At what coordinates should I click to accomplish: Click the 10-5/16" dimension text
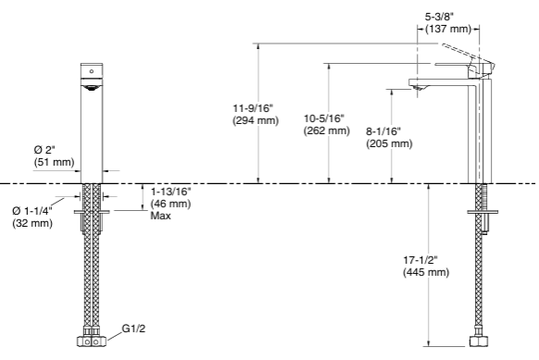coord(324,118)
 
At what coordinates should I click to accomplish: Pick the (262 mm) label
coord(326,131)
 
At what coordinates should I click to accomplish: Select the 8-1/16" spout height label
coord(388,131)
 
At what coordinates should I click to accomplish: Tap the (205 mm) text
coord(390,144)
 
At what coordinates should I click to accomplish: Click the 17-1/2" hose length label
coord(425,259)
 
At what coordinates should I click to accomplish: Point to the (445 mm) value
coord(426,272)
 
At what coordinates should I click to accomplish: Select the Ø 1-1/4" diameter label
coord(33,211)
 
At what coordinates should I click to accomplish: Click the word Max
coord(161,216)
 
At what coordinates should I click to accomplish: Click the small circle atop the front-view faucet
coord(91,70)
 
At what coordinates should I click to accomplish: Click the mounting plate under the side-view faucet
coord(482,215)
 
